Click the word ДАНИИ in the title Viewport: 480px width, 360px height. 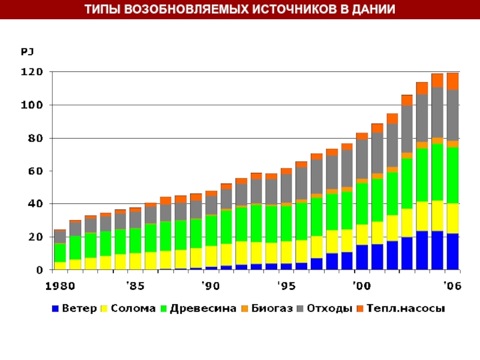[373, 10]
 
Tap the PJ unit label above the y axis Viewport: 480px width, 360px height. [27, 52]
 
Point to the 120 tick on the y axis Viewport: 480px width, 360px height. [32, 72]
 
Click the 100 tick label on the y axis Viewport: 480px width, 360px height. [32, 105]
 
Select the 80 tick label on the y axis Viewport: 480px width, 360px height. [35, 138]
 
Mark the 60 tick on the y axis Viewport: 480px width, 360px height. [35, 171]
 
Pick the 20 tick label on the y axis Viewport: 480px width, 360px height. [35, 237]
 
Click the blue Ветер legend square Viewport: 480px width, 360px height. [56, 309]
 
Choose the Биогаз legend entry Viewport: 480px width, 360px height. [272, 309]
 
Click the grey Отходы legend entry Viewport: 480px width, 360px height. [329, 309]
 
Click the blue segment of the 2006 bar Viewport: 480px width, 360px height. [452, 251]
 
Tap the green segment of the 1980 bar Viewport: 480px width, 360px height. [60, 253]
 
